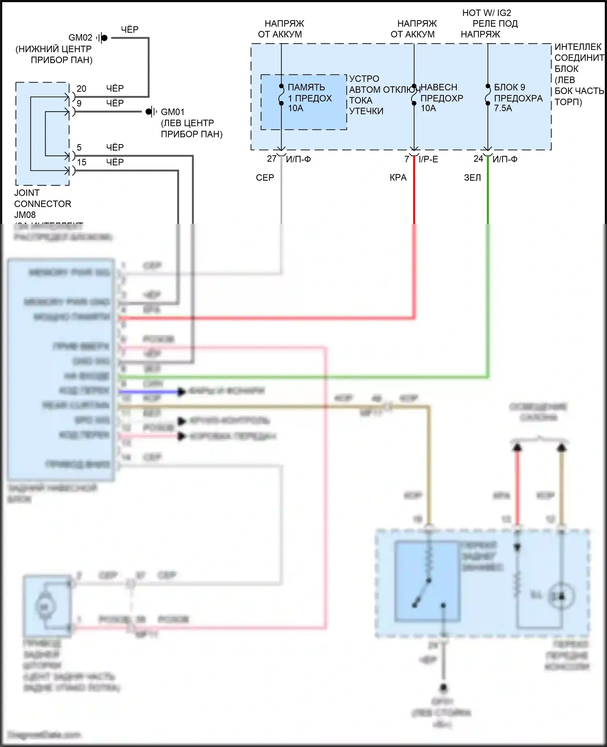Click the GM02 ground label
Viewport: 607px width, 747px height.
pyautogui.click(x=80, y=38)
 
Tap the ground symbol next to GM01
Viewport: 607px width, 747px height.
pyautogui.click(x=151, y=111)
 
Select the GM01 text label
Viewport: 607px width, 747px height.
pyautogui.click(x=172, y=112)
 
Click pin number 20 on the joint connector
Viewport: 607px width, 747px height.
pyautogui.click(x=81, y=89)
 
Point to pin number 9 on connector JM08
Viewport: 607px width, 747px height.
pyautogui.click(x=79, y=103)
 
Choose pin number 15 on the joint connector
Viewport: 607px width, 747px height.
pyautogui.click(x=81, y=162)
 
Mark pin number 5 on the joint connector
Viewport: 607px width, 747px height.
pyautogui.click(x=79, y=147)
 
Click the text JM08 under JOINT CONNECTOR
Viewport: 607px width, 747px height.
pyautogui.click(x=25, y=214)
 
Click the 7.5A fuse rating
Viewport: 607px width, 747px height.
pyautogui.click(x=503, y=108)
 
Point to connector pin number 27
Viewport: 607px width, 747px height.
pyautogui.click(x=272, y=159)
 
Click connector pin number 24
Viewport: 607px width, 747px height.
pyautogui.click(x=478, y=159)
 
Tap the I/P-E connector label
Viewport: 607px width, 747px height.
pyautogui.click(x=428, y=159)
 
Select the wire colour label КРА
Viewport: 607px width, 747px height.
pyautogui.click(x=398, y=177)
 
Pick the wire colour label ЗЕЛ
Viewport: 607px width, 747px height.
pyautogui.click(x=472, y=177)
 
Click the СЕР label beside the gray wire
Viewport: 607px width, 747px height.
pyautogui.click(x=265, y=177)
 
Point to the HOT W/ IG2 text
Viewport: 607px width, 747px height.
pyautogui.click(x=486, y=13)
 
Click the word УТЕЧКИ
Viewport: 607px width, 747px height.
pyautogui.click(x=366, y=111)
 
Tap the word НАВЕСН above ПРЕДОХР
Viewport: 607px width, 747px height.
pyautogui.click(x=439, y=87)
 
